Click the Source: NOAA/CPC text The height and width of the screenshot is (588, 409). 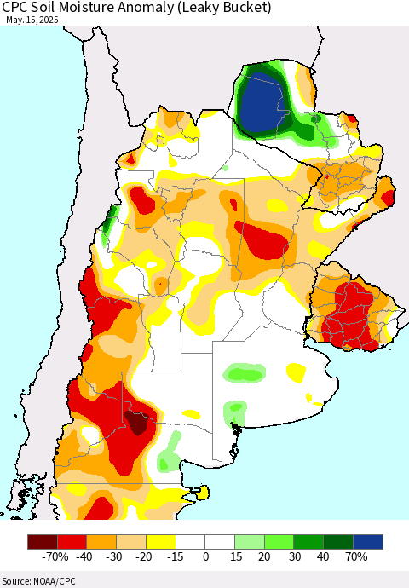click(40, 579)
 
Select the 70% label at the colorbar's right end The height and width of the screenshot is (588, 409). click(355, 556)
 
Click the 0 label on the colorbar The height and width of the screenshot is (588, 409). click(205, 556)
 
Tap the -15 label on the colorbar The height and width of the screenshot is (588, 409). click(176, 556)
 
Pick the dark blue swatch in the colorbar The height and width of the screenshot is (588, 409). click(368, 541)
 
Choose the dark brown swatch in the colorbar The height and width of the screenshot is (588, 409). click(42, 541)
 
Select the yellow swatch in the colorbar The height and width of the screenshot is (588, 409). click(160, 541)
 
